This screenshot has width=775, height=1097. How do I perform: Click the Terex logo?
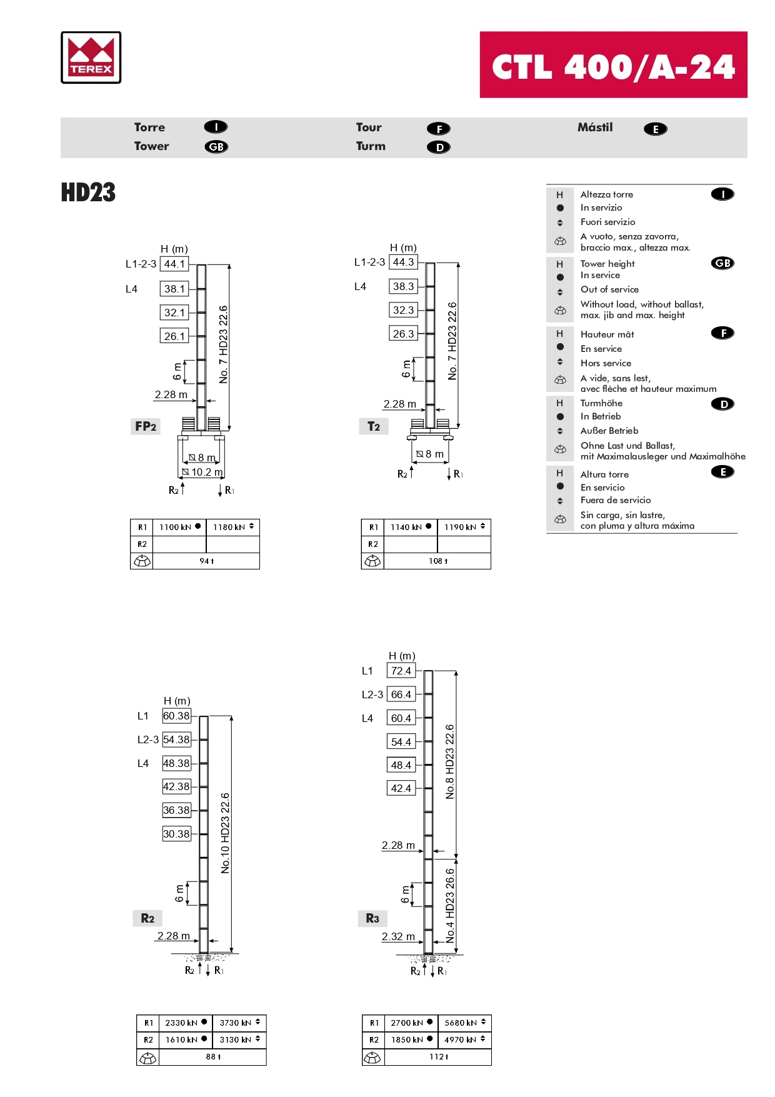click(91, 58)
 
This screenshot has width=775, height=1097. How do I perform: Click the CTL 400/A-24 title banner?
click(613, 65)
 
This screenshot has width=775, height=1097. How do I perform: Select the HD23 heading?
click(88, 193)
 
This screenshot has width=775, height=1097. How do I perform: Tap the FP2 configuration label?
click(146, 426)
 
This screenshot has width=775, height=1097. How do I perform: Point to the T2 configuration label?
click(374, 426)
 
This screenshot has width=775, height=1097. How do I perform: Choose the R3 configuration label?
click(372, 918)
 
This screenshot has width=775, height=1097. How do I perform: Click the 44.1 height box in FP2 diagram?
click(174, 264)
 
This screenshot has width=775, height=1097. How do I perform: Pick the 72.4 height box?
click(401, 671)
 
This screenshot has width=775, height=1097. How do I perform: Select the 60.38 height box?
click(176, 716)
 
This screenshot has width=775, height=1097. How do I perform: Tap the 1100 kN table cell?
click(179, 527)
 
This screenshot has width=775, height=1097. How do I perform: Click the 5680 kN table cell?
click(464, 1023)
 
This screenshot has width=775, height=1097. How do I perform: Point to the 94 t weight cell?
click(206, 561)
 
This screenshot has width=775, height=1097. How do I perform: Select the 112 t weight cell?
click(438, 1056)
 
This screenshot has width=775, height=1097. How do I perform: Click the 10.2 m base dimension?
click(206, 473)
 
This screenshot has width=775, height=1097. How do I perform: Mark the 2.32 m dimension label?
click(398, 936)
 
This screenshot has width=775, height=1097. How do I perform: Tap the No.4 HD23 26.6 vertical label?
click(450, 905)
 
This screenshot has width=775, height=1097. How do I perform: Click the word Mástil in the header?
click(595, 128)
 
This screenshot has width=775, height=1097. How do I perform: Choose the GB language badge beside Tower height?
click(722, 263)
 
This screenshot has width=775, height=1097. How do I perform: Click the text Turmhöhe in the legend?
click(601, 403)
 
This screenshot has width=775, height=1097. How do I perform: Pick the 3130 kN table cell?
click(239, 1039)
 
